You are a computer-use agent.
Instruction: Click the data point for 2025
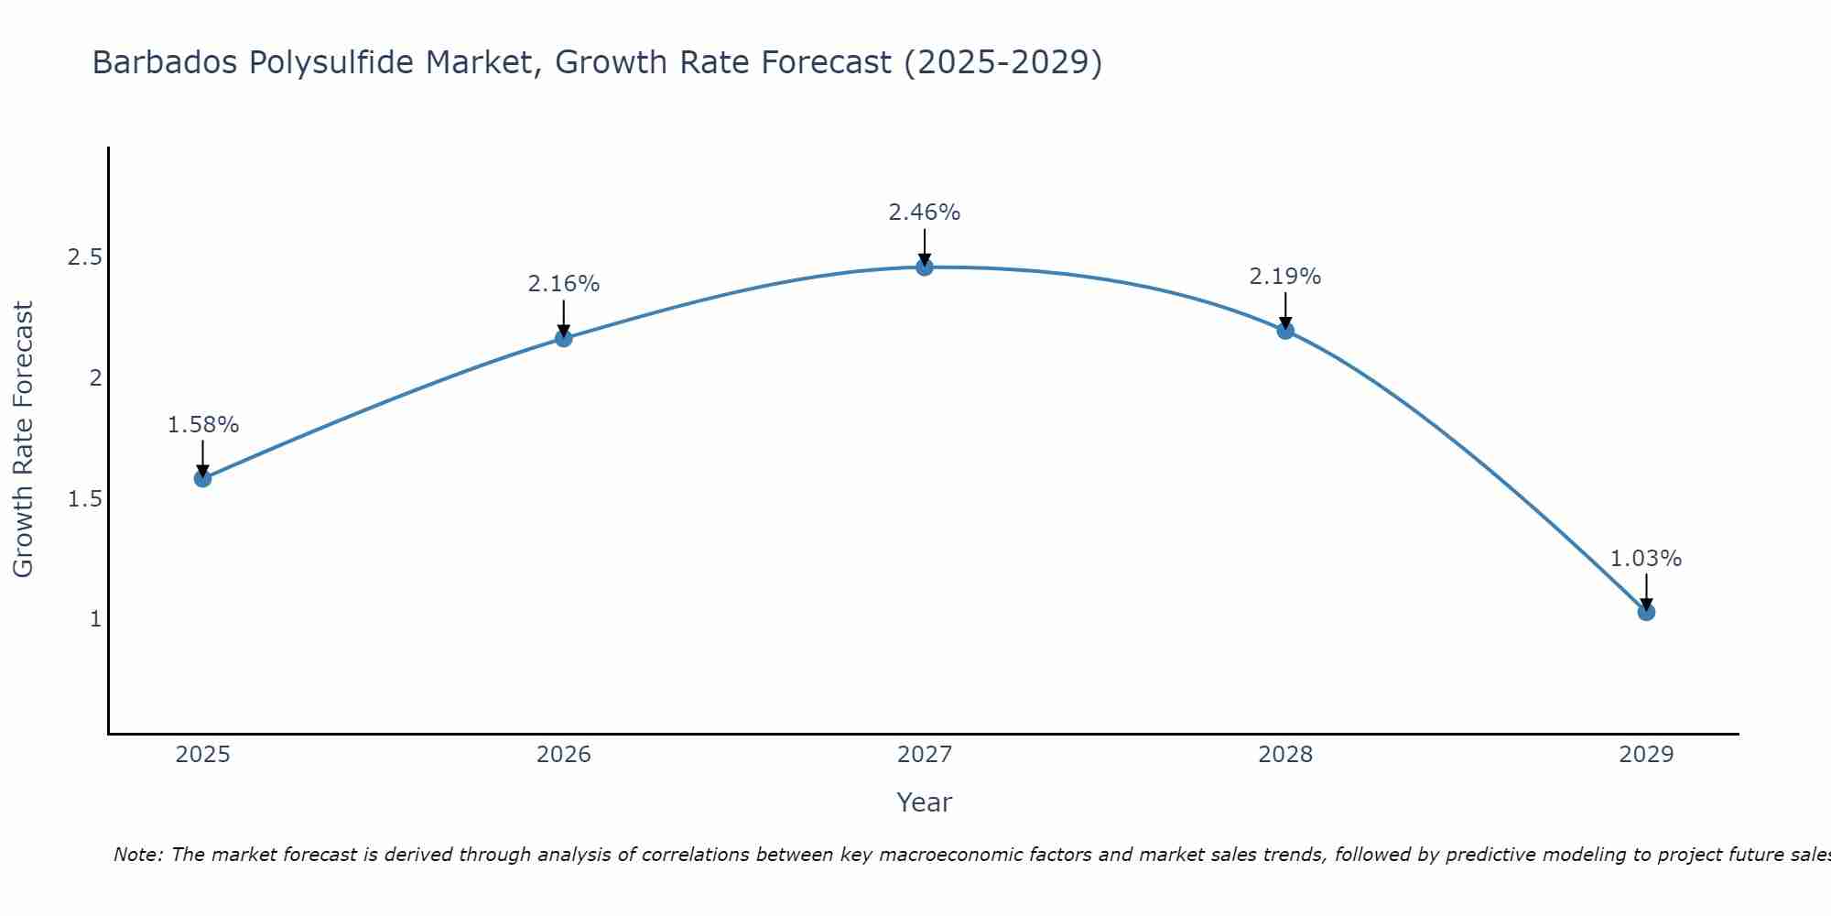[x=203, y=478]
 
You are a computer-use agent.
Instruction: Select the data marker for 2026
[x=564, y=338]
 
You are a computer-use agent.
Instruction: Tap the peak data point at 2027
[x=925, y=267]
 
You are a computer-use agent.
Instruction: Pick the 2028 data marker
[x=1285, y=331]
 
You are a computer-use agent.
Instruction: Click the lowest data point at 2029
[x=1646, y=612]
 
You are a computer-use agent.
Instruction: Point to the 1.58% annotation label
[x=203, y=425]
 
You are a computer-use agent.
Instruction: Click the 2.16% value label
[x=564, y=284]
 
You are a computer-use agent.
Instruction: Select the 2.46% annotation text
[x=925, y=213]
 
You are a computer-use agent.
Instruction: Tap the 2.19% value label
[x=1285, y=277]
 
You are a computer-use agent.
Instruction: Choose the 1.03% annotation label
[x=1646, y=559]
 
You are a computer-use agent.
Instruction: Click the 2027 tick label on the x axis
[x=925, y=755]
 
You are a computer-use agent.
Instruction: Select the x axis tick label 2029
[x=1646, y=755]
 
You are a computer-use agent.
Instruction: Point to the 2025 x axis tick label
[x=203, y=755]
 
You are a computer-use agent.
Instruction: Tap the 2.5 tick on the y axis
[x=84, y=257]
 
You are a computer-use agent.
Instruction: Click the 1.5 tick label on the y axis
[x=84, y=499]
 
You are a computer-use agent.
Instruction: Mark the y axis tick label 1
[x=95, y=619]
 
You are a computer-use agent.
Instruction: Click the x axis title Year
[x=925, y=802]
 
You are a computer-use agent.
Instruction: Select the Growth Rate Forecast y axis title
[x=24, y=440]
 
